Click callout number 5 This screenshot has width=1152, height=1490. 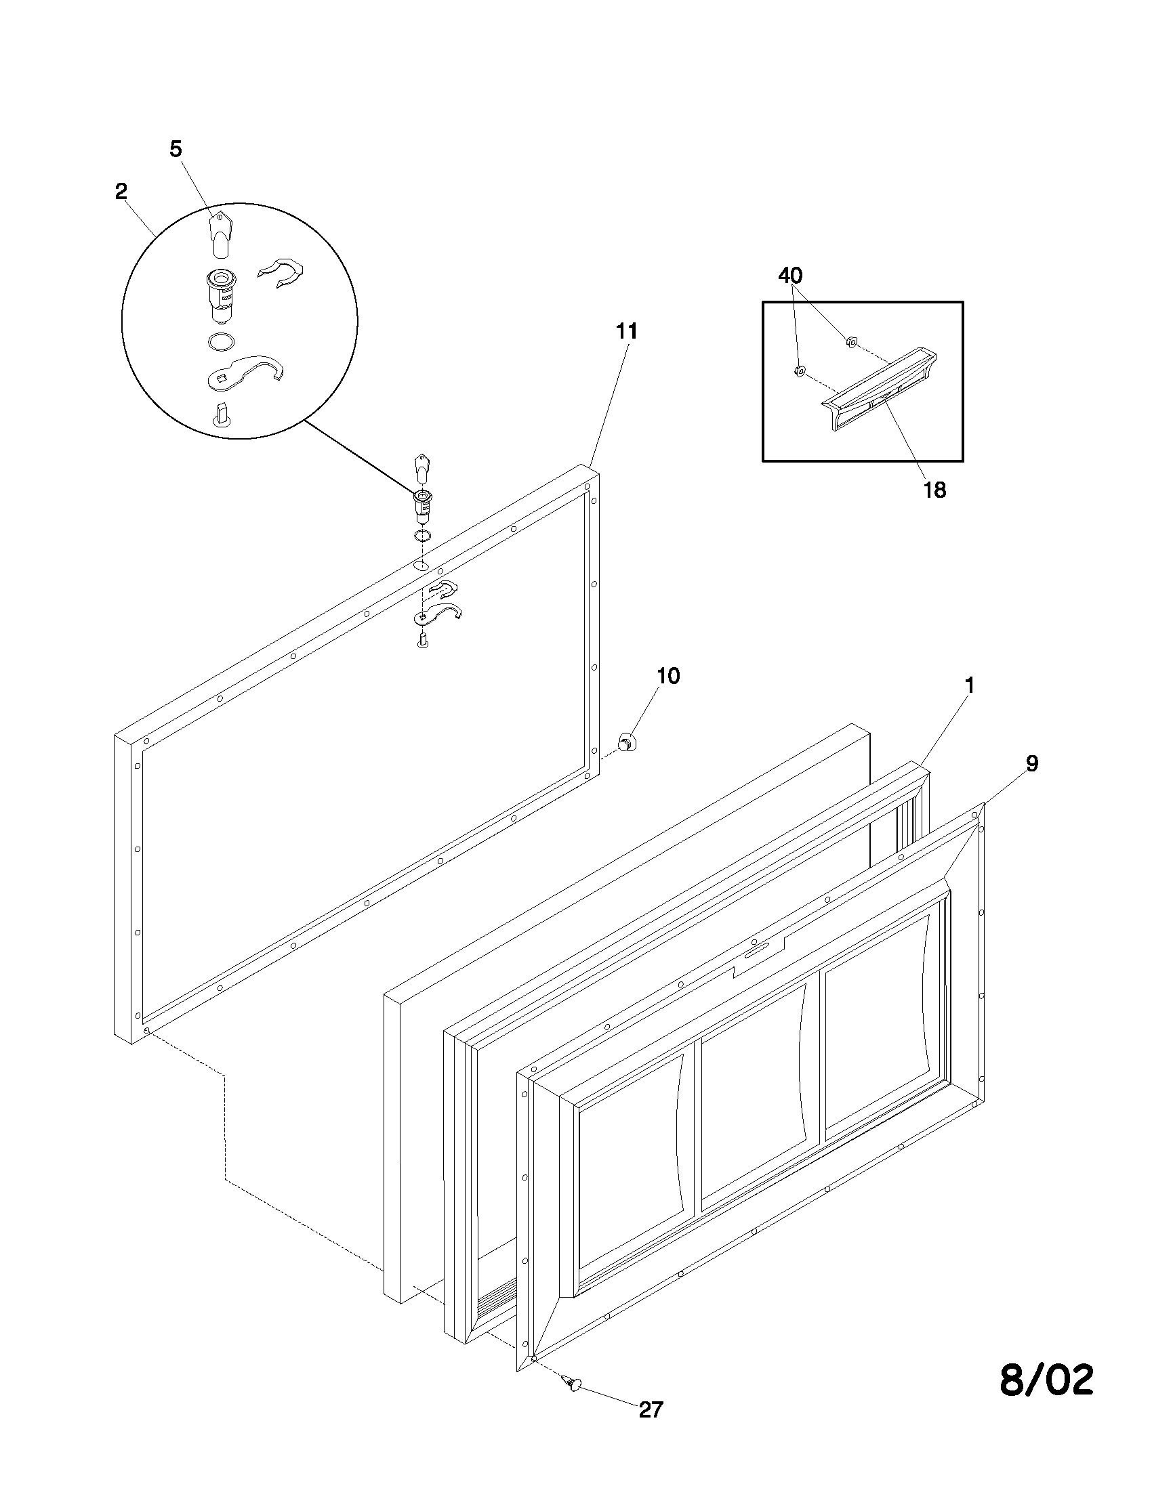tap(176, 150)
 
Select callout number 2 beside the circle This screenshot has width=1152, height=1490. tap(121, 192)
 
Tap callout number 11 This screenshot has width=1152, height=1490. tap(627, 332)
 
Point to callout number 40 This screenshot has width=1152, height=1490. tap(790, 276)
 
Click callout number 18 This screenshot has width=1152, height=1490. tap(935, 489)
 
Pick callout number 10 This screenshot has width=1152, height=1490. tap(668, 676)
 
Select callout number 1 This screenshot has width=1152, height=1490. tap(969, 685)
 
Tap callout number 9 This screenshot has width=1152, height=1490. tap(1032, 764)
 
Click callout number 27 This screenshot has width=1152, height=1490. tap(651, 1409)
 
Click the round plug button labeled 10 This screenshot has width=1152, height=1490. tap(625, 742)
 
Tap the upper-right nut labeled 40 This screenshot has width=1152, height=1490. tap(851, 341)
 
